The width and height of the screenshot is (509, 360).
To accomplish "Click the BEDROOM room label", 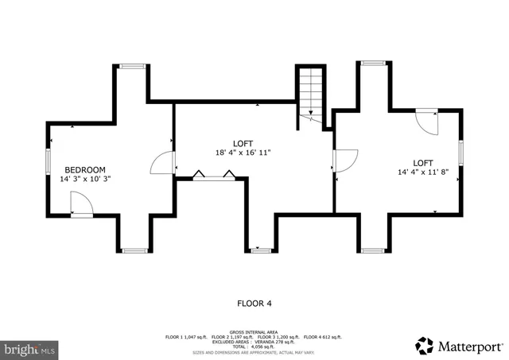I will tap(84, 169).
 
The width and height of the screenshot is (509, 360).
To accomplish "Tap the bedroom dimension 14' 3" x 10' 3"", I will tap(84, 179).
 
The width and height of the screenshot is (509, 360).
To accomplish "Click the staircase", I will tap(311, 91).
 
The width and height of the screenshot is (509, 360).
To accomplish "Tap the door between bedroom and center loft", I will tap(164, 162).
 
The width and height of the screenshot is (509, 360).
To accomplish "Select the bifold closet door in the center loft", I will tap(211, 176).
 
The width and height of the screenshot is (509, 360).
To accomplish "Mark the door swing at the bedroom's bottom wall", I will tap(81, 206).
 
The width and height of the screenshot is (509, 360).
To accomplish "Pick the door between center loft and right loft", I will tap(344, 161).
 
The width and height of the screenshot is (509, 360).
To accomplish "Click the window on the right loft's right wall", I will tap(460, 152).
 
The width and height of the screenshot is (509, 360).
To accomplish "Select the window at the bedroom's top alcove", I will tap(133, 67).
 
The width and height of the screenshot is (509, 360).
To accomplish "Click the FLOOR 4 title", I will tap(254, 303).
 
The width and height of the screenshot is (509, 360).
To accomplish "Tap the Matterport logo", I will tap(459, 346).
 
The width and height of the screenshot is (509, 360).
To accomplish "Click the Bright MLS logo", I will tap(29, 348).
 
